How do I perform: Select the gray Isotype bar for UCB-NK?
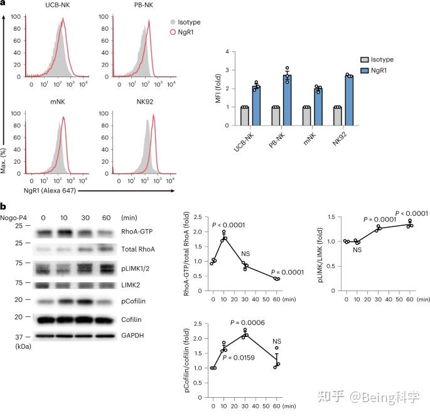(x=245, y=116)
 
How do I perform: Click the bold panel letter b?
(x=4, y=206)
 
